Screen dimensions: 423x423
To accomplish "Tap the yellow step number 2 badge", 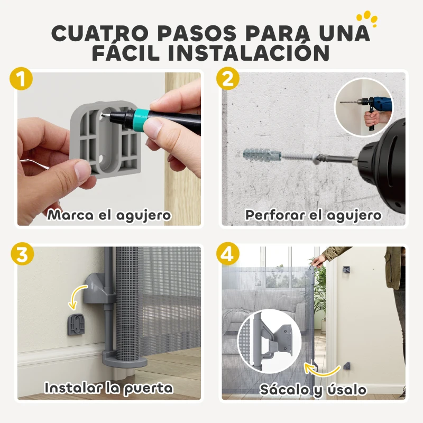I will coord(228,80).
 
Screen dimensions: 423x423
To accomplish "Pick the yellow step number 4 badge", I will coord(228,254).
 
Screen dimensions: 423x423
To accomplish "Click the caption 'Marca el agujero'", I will coord(109,215).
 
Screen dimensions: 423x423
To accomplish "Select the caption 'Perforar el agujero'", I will coord(313,215).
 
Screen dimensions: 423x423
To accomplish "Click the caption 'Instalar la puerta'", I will coord(109,388).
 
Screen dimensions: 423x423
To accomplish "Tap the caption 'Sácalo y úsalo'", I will coord(313,390).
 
